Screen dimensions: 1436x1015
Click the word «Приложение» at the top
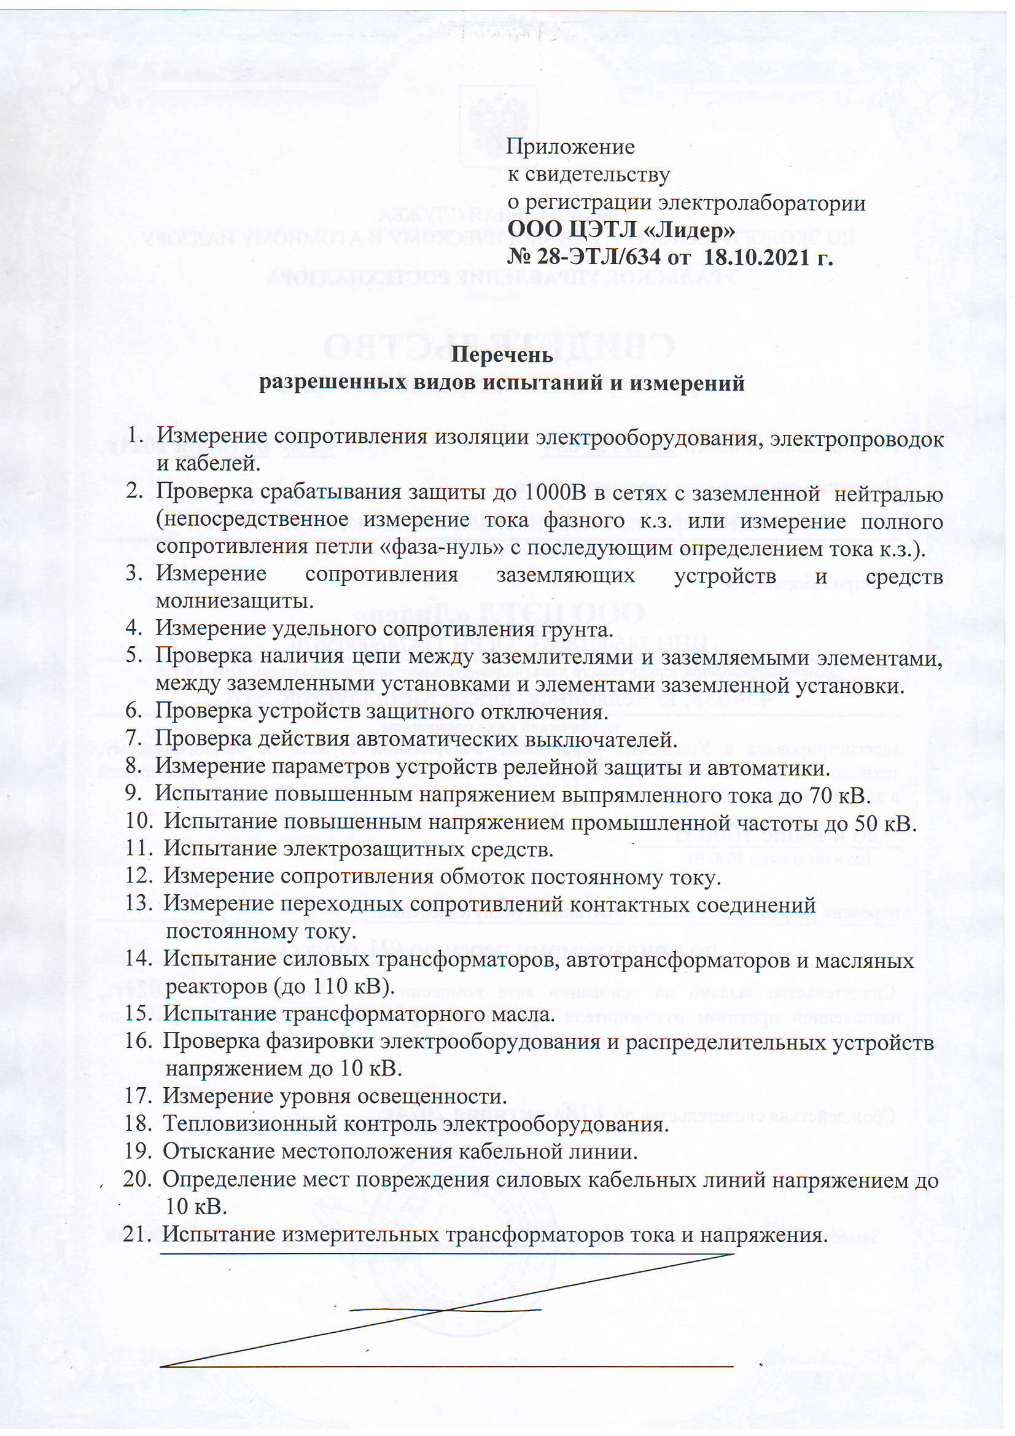pos(570,147)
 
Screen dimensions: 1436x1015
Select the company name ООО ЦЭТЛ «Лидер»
pos(621,230)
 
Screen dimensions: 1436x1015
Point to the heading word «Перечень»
pos(502,354)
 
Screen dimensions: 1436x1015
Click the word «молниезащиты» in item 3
pos(233,601)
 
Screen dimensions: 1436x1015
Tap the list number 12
pos(138,877)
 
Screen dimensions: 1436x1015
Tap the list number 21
pos(137,1234)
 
